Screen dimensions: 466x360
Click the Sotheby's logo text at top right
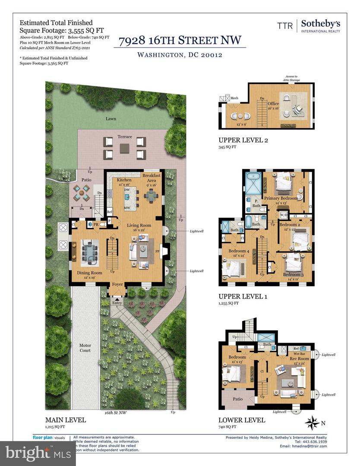coord(320,24)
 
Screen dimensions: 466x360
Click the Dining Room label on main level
coord(89,273)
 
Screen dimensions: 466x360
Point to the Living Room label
coord(139,225)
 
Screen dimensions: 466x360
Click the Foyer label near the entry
coord(117,284)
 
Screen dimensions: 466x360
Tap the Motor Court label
coord(85,348)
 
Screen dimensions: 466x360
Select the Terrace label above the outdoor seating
coord(125,136)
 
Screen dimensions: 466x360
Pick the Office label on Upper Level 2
coord(273,104)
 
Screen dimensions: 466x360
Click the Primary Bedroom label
coord(281,198)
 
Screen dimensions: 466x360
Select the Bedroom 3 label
coord(294,274)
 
